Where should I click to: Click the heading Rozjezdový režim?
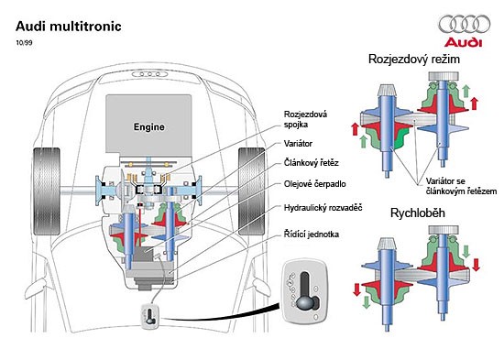tap(413, 59)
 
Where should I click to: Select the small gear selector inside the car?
tap(148, 317)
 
